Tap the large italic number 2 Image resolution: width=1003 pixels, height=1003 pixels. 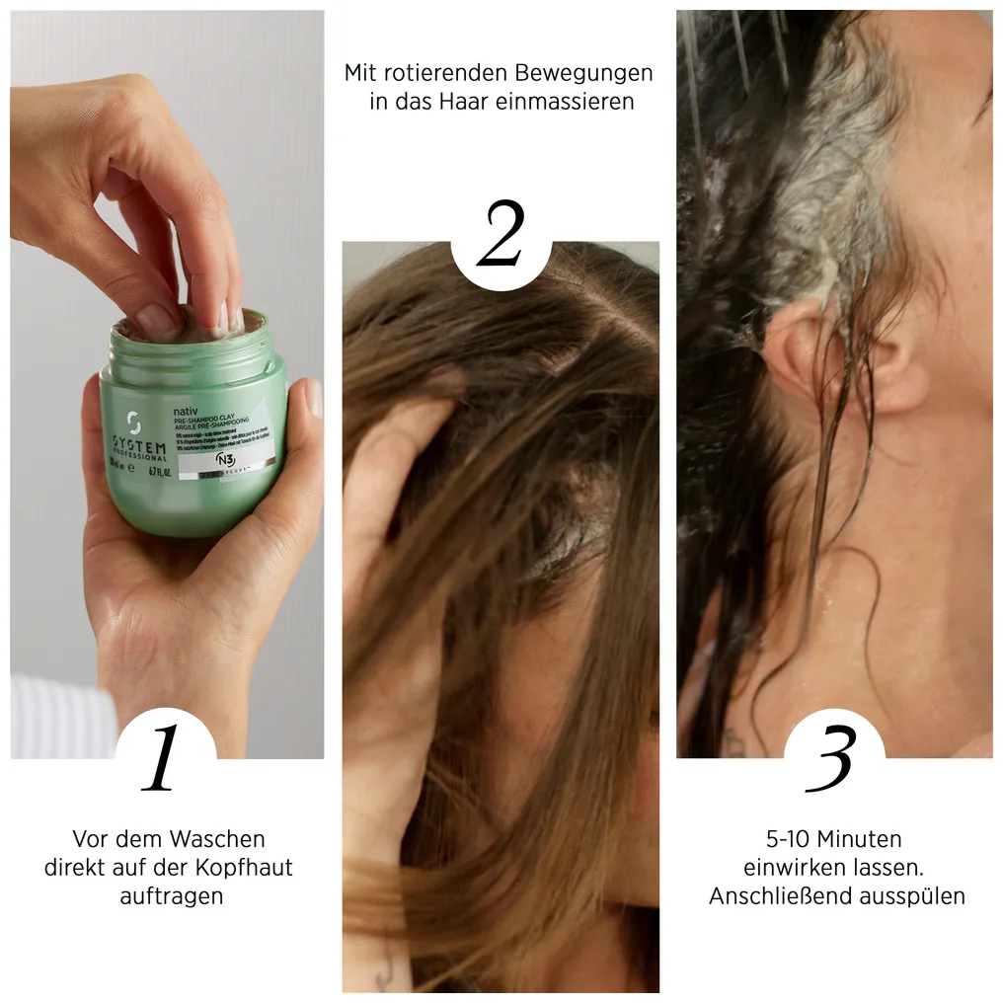[x=500, y=233]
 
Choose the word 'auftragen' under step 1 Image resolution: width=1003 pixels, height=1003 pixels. [x=171, y=896]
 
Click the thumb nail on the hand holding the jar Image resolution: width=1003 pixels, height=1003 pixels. [x=314, y=397]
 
